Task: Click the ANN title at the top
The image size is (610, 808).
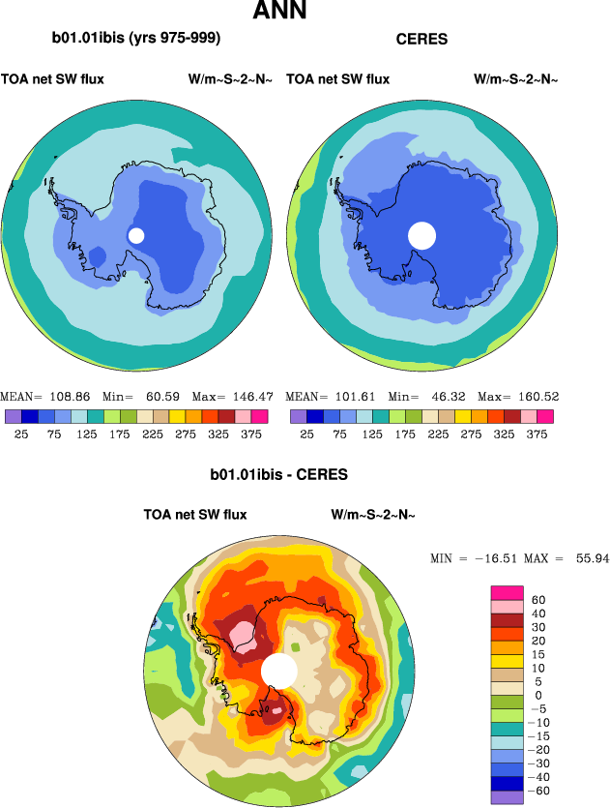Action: [x=280, y=12]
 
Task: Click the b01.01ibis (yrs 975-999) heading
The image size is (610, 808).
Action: [x=136, y=39]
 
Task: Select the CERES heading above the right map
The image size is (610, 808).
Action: [x=421, y=40]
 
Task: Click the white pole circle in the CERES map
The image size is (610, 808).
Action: [x=421, y=235]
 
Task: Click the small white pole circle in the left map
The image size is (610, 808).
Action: [x=136, y=235]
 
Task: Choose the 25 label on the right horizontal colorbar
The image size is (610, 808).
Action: [x=307, y=435]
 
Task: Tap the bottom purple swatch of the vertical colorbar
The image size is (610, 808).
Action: [x=508, y=796]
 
